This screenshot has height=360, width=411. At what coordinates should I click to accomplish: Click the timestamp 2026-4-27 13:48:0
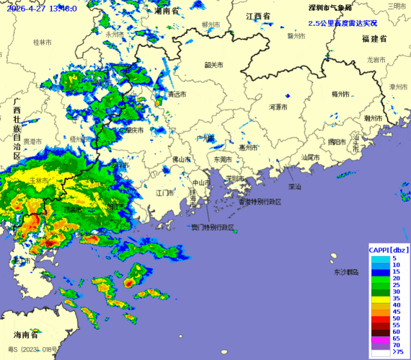tap(42, 8)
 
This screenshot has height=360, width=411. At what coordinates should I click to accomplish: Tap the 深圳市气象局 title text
tap(330, 8)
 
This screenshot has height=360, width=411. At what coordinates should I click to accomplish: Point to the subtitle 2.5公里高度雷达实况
tap(342, 23)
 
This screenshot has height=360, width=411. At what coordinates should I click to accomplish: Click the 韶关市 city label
tap(213, 65)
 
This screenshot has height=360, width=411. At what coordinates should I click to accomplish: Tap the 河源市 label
tap(277, 107)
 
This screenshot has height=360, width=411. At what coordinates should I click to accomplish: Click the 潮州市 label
tap(372, 118)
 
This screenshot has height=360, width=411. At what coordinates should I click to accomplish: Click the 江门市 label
tap(164, 192)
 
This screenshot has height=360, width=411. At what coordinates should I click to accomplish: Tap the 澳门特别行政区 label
tap(213, 228)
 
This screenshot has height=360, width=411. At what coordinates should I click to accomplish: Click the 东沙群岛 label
tap(346, 273)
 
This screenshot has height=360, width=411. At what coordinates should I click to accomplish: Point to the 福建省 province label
tap(374, 39)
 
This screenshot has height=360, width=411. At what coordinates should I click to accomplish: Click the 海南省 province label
tap(26, 335)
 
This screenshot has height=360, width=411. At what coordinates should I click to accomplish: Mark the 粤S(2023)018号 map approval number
tap(36, 350)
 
